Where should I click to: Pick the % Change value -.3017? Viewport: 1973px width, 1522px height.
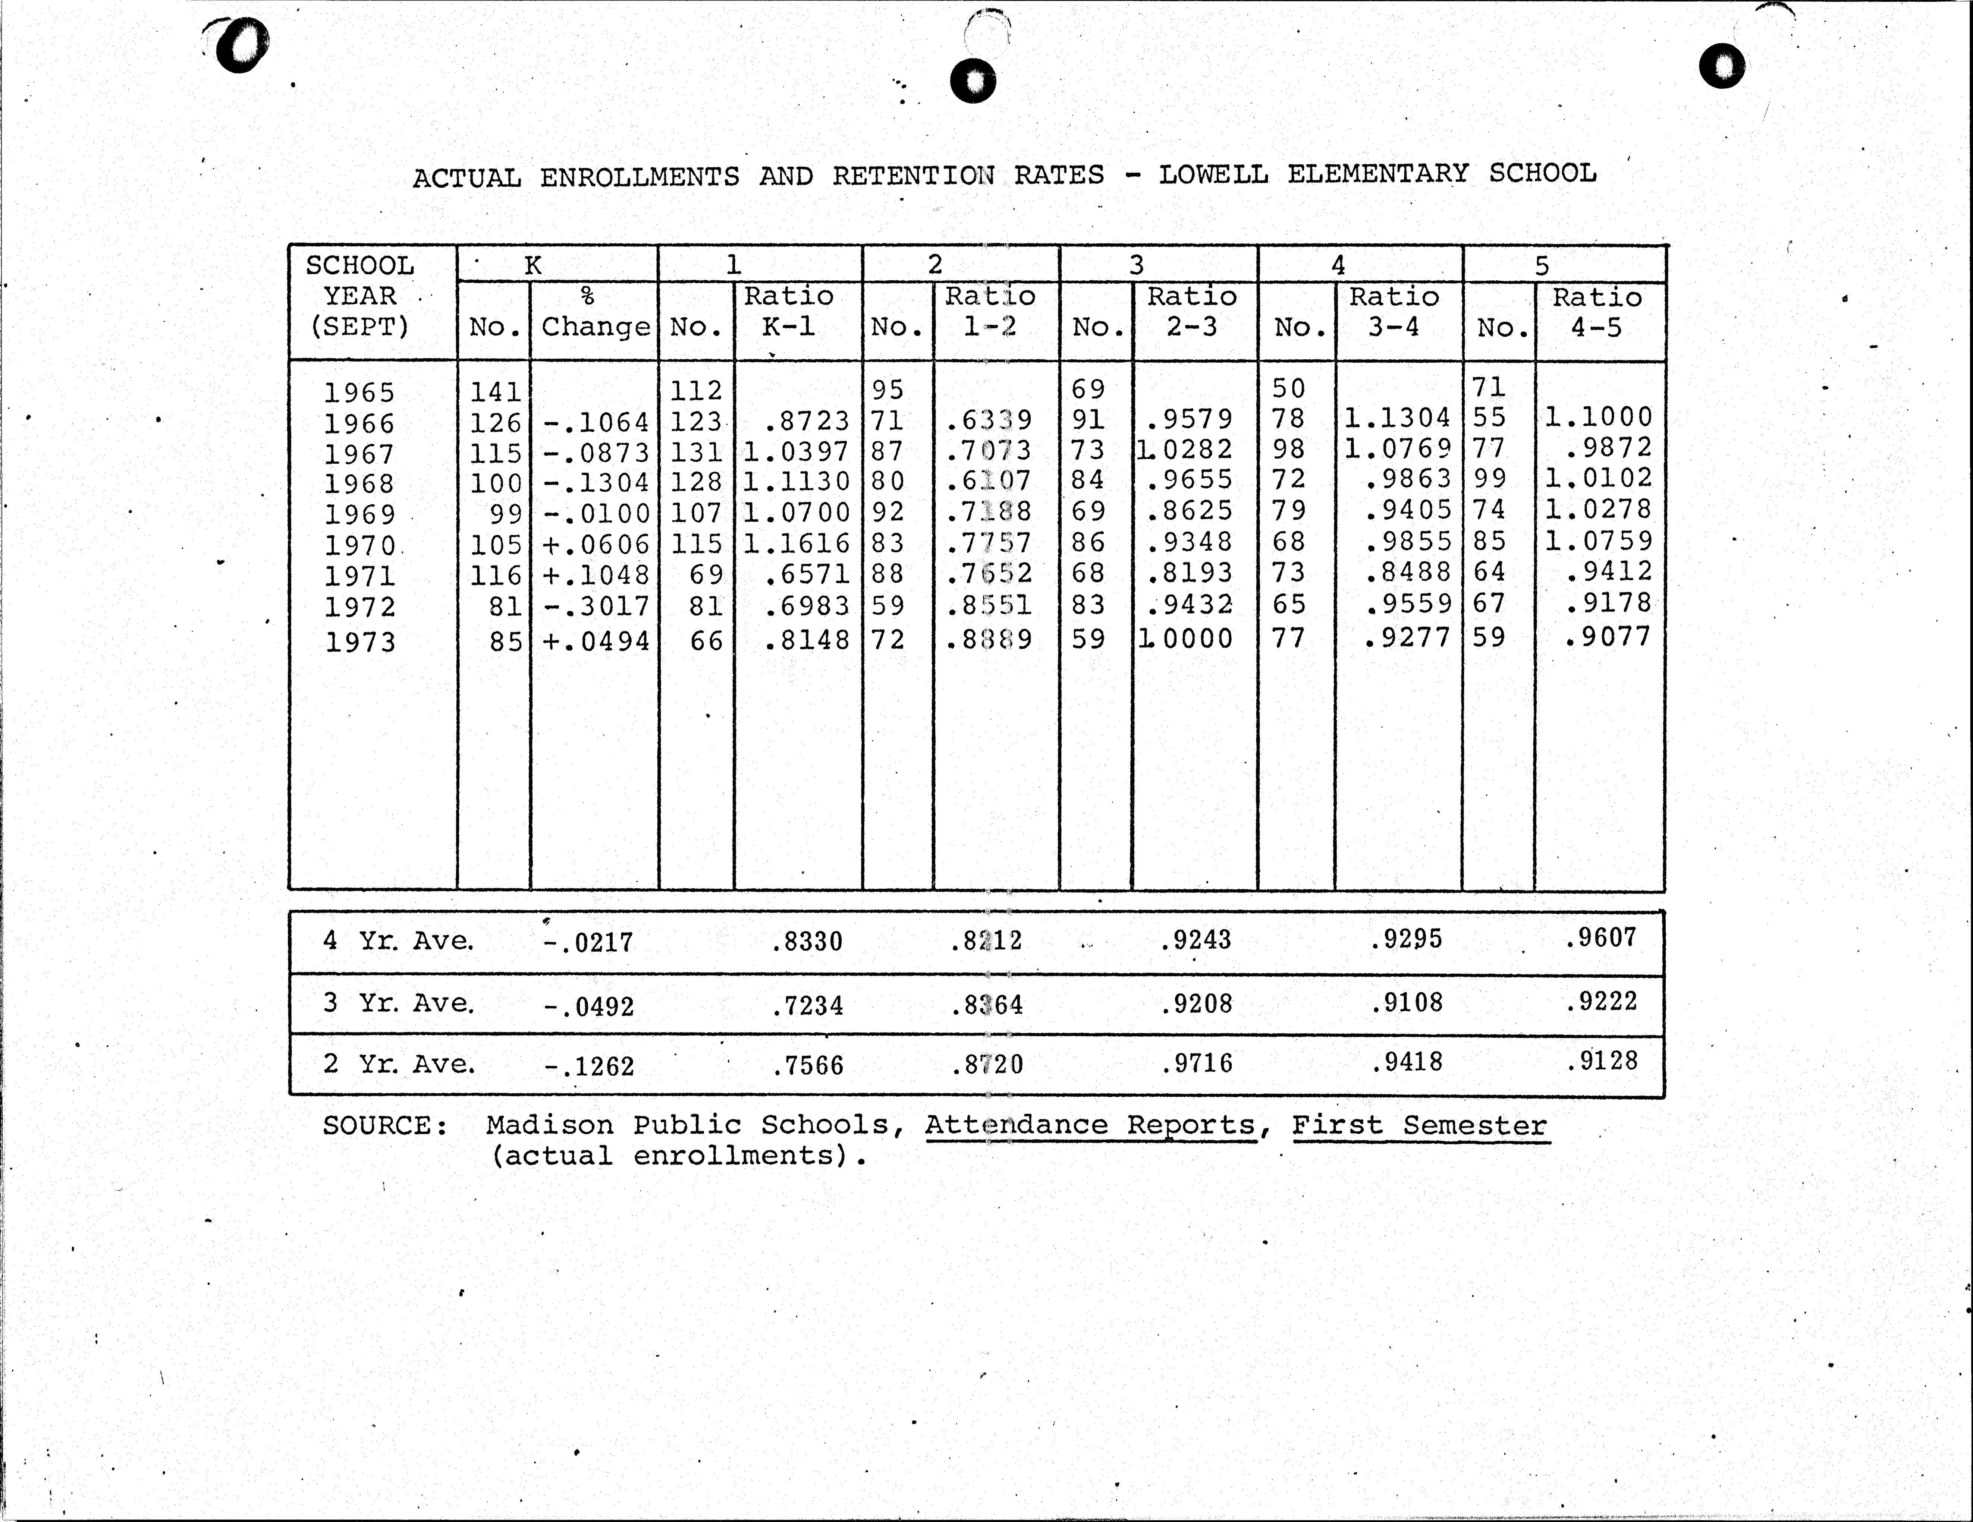tap(596, 606)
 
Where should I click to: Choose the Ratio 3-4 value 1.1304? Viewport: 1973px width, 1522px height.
tap(1397, 417)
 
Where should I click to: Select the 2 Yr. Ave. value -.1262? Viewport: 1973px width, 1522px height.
tap(589, 1066)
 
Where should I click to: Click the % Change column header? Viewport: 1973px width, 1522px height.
tap(594, 312)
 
